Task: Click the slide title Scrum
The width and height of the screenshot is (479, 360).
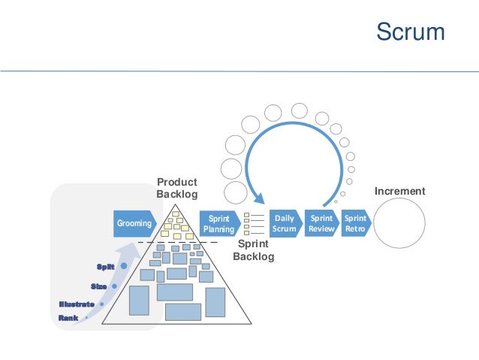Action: (410, 32)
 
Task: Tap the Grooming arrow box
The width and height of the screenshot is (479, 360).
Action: (134, 224)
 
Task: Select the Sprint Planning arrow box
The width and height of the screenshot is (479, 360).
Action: (219, 224)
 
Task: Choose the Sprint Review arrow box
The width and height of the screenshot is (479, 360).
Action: (321, 224)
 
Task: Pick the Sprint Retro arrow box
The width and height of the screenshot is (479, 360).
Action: (354, 224)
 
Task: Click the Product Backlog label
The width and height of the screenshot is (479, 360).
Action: (176, 189)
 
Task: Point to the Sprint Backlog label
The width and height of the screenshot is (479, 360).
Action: (253, 250)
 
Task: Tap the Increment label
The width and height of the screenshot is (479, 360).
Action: (399, 192)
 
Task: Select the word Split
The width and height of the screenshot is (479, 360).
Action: (105, 267)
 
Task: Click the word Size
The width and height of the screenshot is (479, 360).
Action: (98, 286)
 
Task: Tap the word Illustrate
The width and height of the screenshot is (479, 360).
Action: (77, 304)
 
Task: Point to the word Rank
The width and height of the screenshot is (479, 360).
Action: (68, 318)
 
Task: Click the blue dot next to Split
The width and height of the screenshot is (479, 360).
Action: (124, 266)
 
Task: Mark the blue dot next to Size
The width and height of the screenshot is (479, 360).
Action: (114, 286)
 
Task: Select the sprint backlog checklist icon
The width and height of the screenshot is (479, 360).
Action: (253, 223)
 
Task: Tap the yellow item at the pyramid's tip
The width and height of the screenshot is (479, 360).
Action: (177, 216)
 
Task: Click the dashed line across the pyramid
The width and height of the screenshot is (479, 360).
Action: (177, 243)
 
